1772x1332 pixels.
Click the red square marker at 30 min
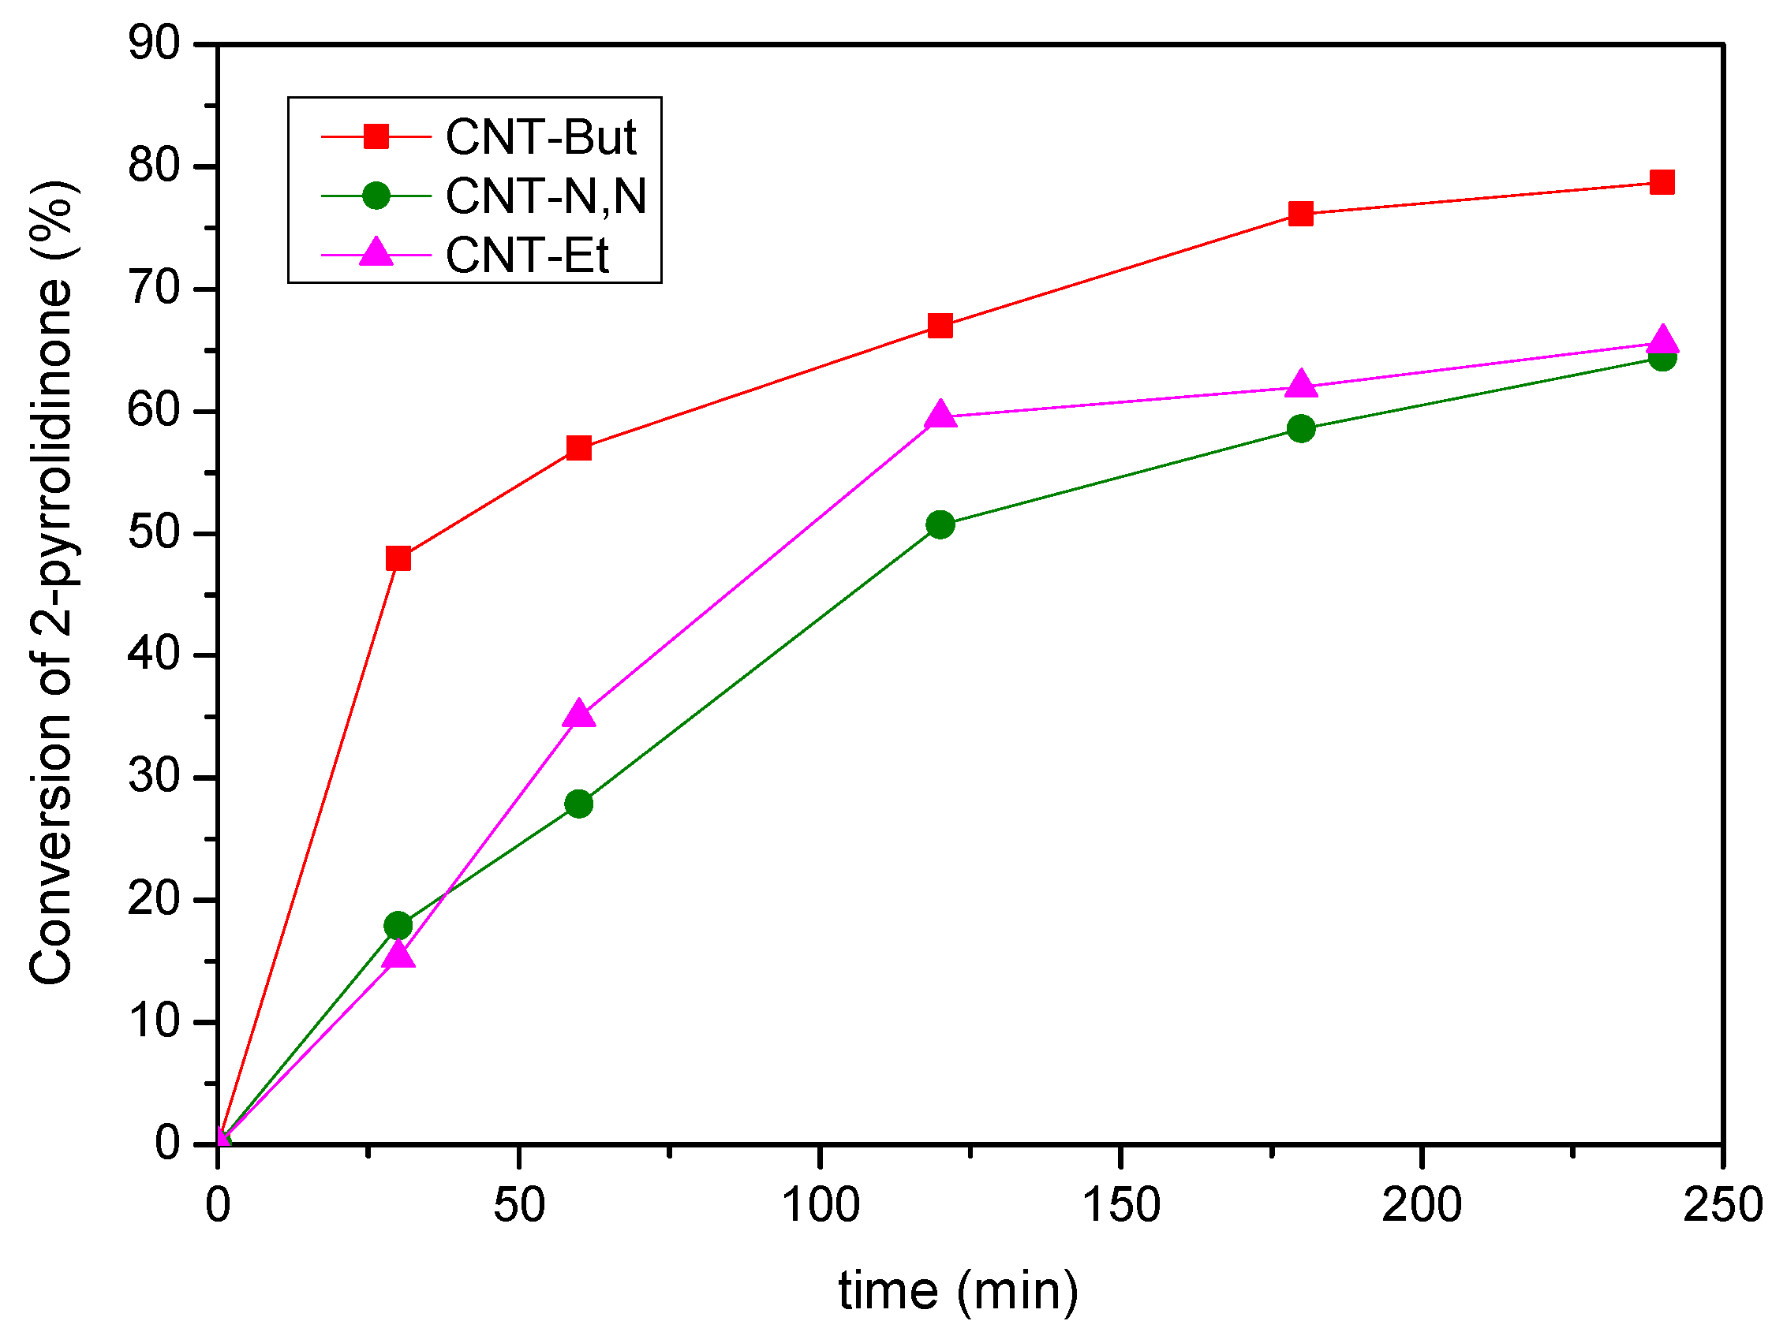point(398,558)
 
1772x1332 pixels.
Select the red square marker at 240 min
point(1662,183)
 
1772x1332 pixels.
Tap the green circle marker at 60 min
point(578,804)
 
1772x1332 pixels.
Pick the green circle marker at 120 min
point(940,524)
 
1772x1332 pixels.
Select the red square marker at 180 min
point(1301,214)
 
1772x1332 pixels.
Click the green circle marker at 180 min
point(1301,428)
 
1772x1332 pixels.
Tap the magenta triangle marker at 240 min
point(1662,341)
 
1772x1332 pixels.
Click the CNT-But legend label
point(540,137)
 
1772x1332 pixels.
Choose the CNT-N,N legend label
point(545,196)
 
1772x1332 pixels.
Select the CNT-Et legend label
point(527,256)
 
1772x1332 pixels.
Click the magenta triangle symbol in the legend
point(376,253)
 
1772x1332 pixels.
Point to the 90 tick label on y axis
point(155,43)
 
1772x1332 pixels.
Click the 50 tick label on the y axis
point(155,532)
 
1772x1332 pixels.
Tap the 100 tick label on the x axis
point(821,1205)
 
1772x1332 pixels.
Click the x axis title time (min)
point(958,1291)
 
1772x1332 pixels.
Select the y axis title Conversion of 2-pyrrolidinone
point(51,582)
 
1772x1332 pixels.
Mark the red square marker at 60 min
point(578,448)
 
